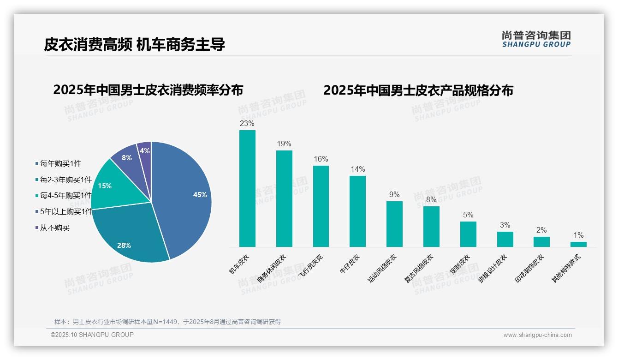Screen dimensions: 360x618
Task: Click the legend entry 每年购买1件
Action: [x=60, y=163]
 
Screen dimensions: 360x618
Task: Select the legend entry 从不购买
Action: [x=54, y=228]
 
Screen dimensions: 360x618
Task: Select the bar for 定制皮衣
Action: [x=468, y=234]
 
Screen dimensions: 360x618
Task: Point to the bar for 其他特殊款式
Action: [x=578, y=244]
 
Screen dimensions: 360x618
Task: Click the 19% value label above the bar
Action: [x=284, y=144]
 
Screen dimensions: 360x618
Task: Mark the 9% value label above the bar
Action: [x=394, y=195]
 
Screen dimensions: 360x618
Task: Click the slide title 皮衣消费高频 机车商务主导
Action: [x=135, y=45]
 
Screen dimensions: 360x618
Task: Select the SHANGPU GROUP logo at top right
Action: [x=536, y=39]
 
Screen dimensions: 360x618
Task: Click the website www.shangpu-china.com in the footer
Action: [x=537, y=335]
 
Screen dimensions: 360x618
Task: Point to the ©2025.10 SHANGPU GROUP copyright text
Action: [x=92, y=335]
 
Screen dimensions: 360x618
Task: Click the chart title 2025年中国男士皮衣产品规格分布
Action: [x=418, y=90]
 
